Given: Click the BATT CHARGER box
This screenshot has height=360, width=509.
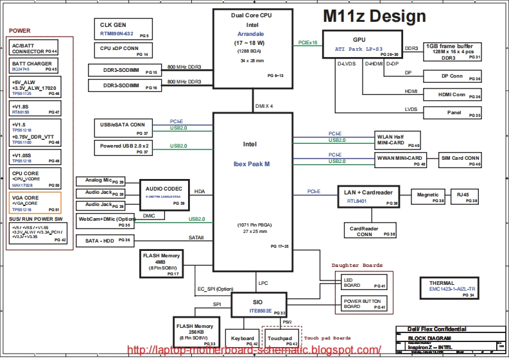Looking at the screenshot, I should click(x=35, y=66).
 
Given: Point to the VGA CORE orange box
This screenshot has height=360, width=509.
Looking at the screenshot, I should click(x=35, y=203).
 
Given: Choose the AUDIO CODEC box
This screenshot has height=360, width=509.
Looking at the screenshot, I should click(x=164, y=194).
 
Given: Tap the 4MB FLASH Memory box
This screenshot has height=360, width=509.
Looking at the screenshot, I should click(x=161, y=263).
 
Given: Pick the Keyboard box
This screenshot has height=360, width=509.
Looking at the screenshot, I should click(x=242, y=340).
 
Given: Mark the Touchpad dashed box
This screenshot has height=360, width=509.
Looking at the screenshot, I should click(x=282, y=340).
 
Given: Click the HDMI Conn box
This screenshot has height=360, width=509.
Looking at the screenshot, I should click(x=452, y=94).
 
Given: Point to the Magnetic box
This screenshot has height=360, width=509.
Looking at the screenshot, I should click(x=428, y=196).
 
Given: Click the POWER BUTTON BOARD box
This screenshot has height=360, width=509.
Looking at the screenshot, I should click(x=364, y=304).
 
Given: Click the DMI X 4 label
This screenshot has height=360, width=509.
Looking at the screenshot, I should click(x=264, y=106).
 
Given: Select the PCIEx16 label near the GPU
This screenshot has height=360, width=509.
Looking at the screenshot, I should click(x=308, y=43).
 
